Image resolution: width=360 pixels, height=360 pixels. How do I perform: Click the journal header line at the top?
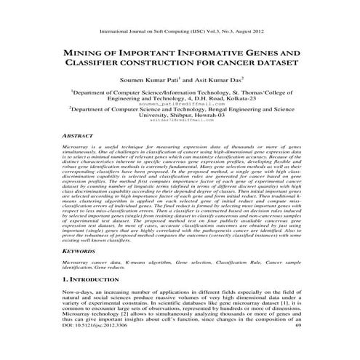coord(180,32)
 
